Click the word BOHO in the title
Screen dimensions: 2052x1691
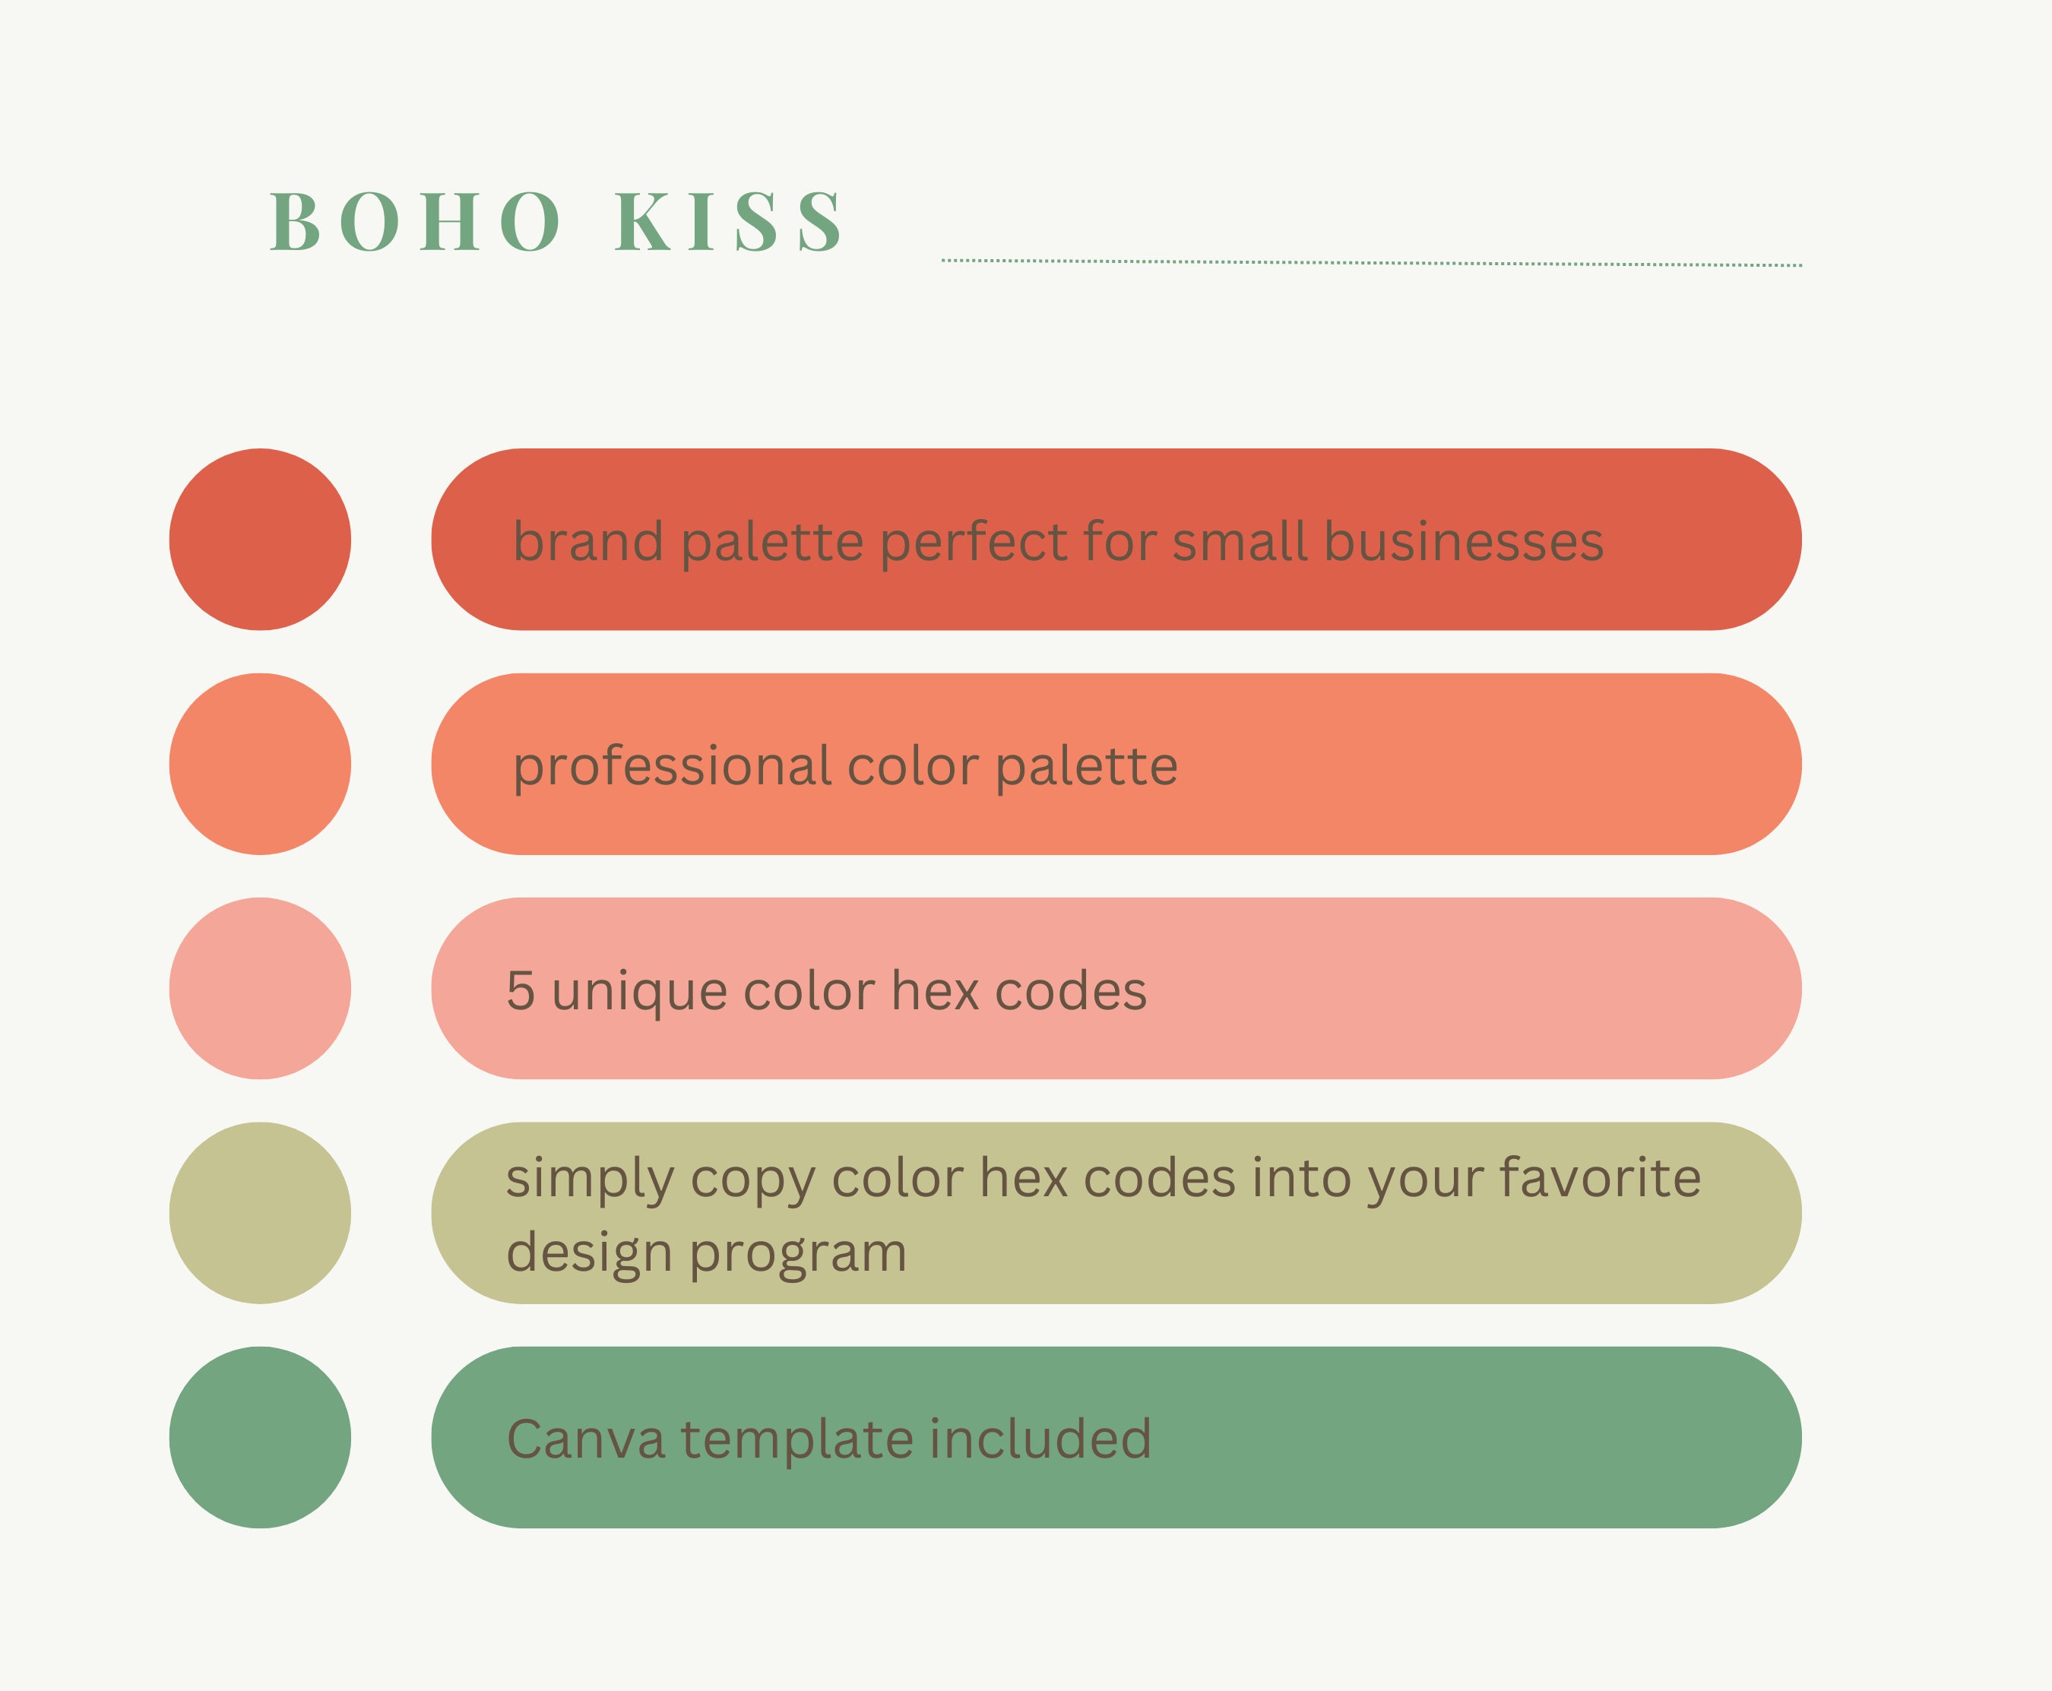pyautogui.click(x=415, y=221)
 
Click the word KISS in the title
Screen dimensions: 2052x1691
pyautogui.click(x=729, y=221)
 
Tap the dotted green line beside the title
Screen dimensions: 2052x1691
pyautogui.click(x=1371, y=263)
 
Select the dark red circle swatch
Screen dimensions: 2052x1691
pyautogui.click(x=260, y=540)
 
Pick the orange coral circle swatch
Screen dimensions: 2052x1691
pyautogui.click(x=260, y=764)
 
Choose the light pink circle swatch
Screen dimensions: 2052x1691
pyautogui.click(x=260, y=989)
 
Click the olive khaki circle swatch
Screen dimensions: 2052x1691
pyautogui.click(x=260, y=1213)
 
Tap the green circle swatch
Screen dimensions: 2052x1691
pyautogui.click(x=260, y=1438)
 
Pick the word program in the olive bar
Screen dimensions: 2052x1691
pyautogui.click(x=799, y=1255)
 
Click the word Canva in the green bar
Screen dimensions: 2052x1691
pyautogui.click(x=586, y=1439)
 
